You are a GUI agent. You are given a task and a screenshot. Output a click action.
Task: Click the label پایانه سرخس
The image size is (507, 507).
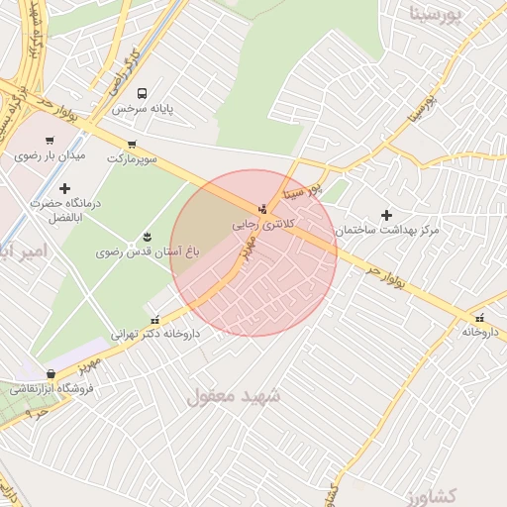142,109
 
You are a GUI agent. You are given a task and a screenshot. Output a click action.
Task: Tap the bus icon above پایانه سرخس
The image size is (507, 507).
142,92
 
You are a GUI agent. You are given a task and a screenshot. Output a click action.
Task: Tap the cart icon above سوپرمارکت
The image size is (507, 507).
132,143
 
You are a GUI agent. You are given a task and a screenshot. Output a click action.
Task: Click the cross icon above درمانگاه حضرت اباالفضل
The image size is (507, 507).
65,187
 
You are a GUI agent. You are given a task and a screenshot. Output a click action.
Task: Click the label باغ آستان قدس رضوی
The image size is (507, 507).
148,253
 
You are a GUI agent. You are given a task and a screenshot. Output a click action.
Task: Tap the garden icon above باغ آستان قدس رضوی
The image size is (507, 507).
148,236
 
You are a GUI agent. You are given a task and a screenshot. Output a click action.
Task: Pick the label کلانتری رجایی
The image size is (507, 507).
258,226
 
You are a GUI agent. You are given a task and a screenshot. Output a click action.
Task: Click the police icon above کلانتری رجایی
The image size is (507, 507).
261,209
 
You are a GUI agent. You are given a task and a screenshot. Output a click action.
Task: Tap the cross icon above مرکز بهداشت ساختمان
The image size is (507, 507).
386,214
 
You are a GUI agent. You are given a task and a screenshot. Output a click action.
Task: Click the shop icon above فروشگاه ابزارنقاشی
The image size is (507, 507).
51,373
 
